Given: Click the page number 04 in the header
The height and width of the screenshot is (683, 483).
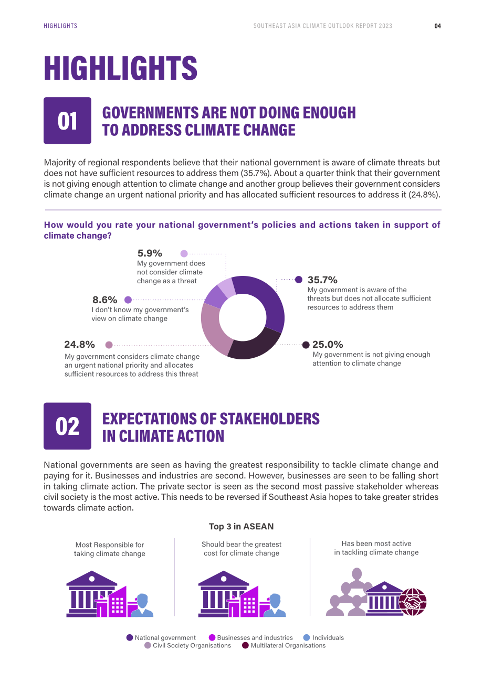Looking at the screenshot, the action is tap(437, 26).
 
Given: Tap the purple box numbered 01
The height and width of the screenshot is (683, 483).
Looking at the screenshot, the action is tap(67, 121).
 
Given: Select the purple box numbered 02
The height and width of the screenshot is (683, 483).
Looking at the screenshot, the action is tap(67, 426).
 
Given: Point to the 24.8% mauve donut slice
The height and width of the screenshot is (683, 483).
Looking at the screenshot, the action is tap(214, 329).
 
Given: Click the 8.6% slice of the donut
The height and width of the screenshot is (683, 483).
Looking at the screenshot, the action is tap(215, 296).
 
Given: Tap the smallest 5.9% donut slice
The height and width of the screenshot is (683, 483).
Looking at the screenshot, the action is tap(227, 287).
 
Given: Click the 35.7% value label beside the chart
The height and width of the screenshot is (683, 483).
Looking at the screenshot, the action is tap(322, 280).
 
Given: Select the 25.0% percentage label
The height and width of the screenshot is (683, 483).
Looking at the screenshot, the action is tap(328, 344).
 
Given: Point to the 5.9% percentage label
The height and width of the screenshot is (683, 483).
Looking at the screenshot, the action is tap(150, 253).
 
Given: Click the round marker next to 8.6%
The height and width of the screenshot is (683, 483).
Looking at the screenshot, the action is tap(128, 300).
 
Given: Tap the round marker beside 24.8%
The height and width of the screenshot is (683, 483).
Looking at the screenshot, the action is tap(109, 345).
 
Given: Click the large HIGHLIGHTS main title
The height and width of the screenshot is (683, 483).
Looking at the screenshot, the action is tap(121, 68).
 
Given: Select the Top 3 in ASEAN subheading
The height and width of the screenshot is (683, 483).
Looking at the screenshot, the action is tap(241, 526).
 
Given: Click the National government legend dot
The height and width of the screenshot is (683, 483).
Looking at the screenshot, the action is tap(130, 637).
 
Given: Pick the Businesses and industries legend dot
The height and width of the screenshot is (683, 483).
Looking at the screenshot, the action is tap(212, 637).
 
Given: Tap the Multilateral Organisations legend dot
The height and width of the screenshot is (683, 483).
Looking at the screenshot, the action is tap(245, 645).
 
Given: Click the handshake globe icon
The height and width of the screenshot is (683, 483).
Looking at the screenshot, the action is tap(413, 602).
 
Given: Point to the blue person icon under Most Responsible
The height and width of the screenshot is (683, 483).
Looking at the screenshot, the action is tap(142, 605).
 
